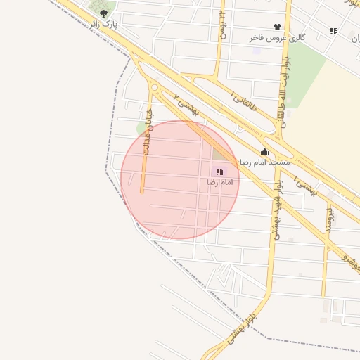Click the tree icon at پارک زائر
point(104,13)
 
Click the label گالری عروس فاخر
point(277,37)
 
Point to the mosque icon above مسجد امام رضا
point(264,151)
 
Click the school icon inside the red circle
point(219,172)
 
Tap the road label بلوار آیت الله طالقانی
point(285,84)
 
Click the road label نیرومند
point(328,219)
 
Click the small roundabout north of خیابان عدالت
point(153,88)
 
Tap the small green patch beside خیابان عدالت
point(141,128)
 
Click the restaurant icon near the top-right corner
point(333,31)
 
